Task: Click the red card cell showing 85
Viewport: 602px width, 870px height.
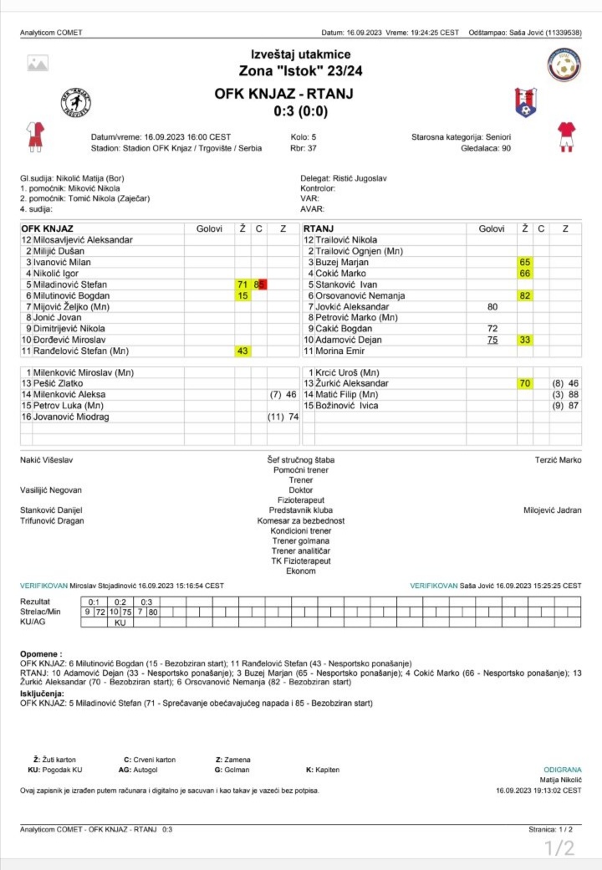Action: click(261, 284)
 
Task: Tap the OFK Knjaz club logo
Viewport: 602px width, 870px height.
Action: click(76, 102)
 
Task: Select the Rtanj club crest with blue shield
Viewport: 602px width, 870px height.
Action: click(526, 102)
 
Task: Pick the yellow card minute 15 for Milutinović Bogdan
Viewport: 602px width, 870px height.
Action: click(242, 295)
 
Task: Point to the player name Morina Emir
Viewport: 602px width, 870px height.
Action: click(334, 351)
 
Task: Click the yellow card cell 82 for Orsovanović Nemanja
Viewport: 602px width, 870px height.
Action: click(525, 295)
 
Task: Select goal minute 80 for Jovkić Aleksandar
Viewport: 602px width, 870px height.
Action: click(492, 307)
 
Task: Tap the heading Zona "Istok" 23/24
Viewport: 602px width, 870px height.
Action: click(300, 70)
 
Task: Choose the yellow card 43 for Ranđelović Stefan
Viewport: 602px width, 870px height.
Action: click(242, 351)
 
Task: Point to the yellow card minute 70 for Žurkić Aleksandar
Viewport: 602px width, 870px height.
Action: click(525, 383)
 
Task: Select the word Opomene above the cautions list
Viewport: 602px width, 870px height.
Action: click(41, 653)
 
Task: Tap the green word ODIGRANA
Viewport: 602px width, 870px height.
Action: click(563, 770)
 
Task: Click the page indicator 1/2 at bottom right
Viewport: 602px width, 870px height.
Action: click(559, 848)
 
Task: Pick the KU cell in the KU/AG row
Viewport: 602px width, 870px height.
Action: click(120, 622)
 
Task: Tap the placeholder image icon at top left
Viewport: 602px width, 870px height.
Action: click(38, 62)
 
